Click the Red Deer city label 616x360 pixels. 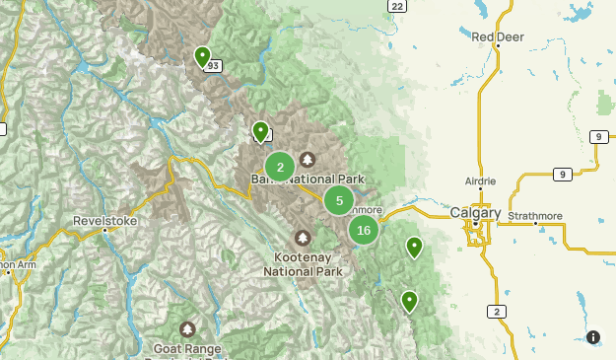pyautogui.click(x=497, y=37)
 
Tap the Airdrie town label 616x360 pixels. pyautogui.click(x=480, y=181)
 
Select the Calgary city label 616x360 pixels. pyautogui.click(x=475, y=213)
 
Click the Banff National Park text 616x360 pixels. pyautogui.click(x=308, y=180)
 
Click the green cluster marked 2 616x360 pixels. pyautogui.click(x=280, y=168)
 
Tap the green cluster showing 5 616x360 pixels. pyautogui.click(x=339, y=200)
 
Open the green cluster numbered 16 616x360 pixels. pyautogui.click(x=364, y=231)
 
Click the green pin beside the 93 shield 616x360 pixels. pyautogui.click(x=202, y=56)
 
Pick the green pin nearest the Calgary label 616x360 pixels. pyautogui.click(x=415, y=246)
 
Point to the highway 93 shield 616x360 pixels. pyautogui.click(x=214, y=65)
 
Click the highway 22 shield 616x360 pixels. pyautogui.click(x=396, y=6)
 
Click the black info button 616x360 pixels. pyautogui.click(x=593, y=337)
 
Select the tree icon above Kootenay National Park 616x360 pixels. pyautogui.click(x=302, y=238)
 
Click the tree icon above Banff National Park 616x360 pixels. pyautogui.click(x=308, y=160)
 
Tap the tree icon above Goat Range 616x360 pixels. pyautogui.click(x=187, y=328)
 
